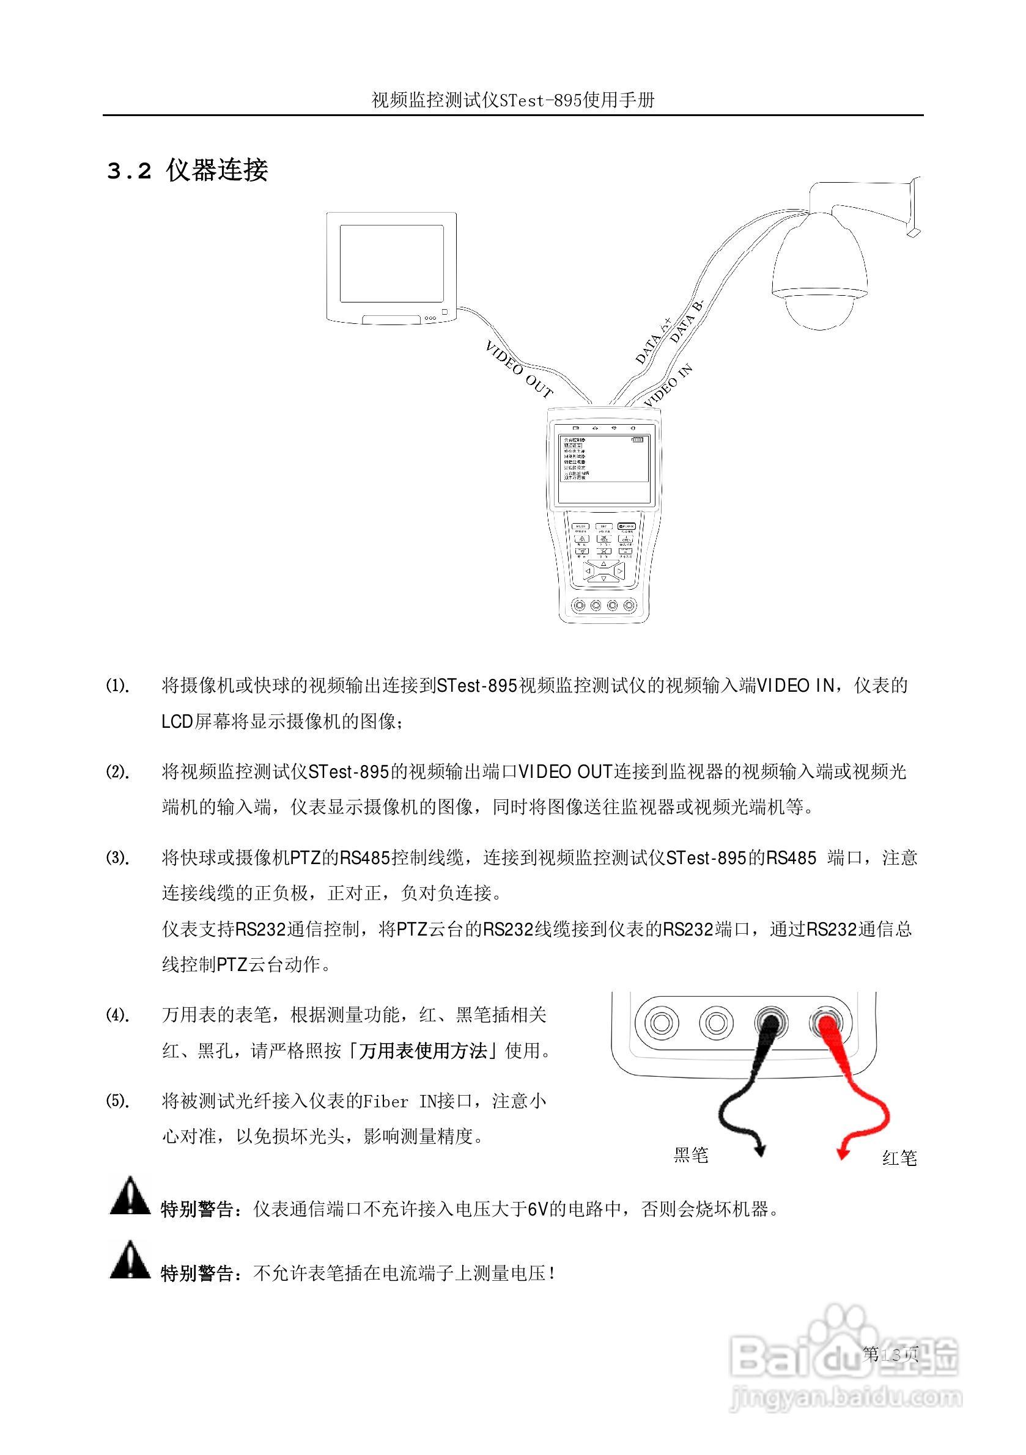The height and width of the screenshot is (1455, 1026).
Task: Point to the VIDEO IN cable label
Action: click(x=668, y=386)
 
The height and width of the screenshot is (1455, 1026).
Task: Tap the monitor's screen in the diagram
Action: click(x=391, y=263)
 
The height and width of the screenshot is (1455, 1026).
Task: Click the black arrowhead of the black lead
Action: click(x=759, y=1150)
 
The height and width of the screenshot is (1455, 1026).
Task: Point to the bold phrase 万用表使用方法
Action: click(x=423, y=1051)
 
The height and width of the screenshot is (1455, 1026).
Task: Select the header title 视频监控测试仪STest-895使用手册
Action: click(x=512, y=100)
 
